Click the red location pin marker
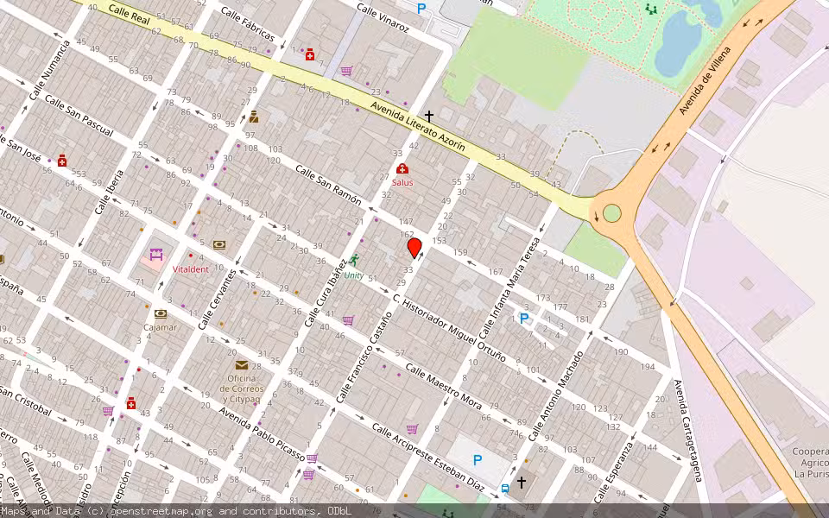click(x=414, y=249)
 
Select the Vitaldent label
click(x=190, y=269)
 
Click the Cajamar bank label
click(x=161, y=327)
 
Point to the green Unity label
click(x=354, y=275)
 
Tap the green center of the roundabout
click(x=612, y=212)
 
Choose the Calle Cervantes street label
click(x=217, y=298)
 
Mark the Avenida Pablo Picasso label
click(x=262, y=428)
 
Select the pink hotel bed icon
click(x=156, y=255)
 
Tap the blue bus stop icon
click(x=505, y=488)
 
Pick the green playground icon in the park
click(x=650, y=9)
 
